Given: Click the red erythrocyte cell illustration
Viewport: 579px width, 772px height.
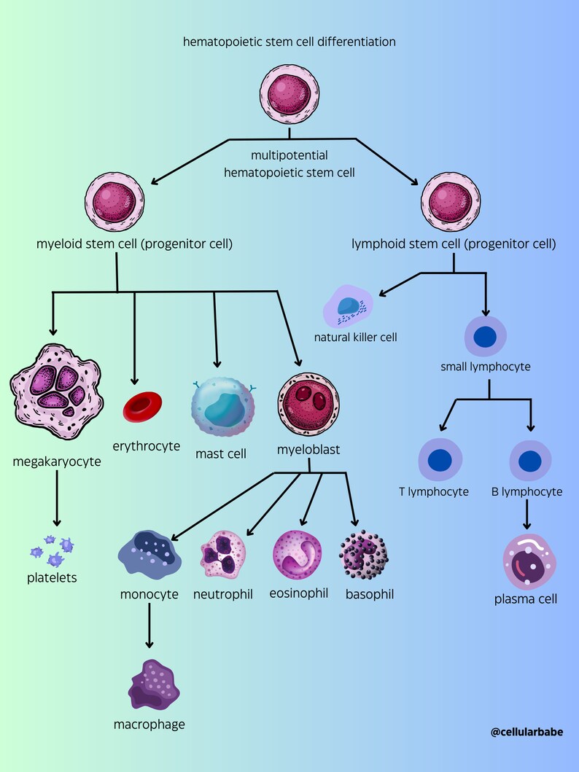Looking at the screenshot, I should pos(143,407).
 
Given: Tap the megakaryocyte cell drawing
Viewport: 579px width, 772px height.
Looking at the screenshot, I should pos(55,390).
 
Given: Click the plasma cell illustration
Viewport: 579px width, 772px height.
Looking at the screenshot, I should pos(529,561).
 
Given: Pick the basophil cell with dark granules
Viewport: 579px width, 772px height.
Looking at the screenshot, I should pos(364,558).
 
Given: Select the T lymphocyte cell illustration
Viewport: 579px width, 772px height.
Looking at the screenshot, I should pos(440,461).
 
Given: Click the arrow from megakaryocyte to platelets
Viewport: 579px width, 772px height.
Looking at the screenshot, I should pos(55,499).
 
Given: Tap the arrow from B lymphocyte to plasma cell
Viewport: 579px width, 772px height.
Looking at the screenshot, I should pos(528,515).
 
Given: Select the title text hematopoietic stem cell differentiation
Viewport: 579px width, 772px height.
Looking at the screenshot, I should pos(289,42).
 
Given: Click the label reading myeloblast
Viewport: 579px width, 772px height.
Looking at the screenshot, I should pos(308,450).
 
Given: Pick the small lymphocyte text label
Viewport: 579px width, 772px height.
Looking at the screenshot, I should pos(485,366).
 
